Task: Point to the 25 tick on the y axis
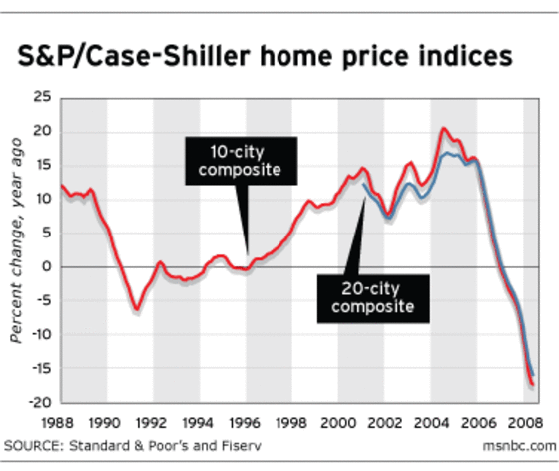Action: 42,98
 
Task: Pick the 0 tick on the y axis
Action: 46,267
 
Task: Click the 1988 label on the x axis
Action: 61,422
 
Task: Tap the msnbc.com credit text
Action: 518,442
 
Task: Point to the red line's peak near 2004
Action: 443,129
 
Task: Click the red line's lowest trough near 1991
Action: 136,308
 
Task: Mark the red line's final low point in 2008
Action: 533,384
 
